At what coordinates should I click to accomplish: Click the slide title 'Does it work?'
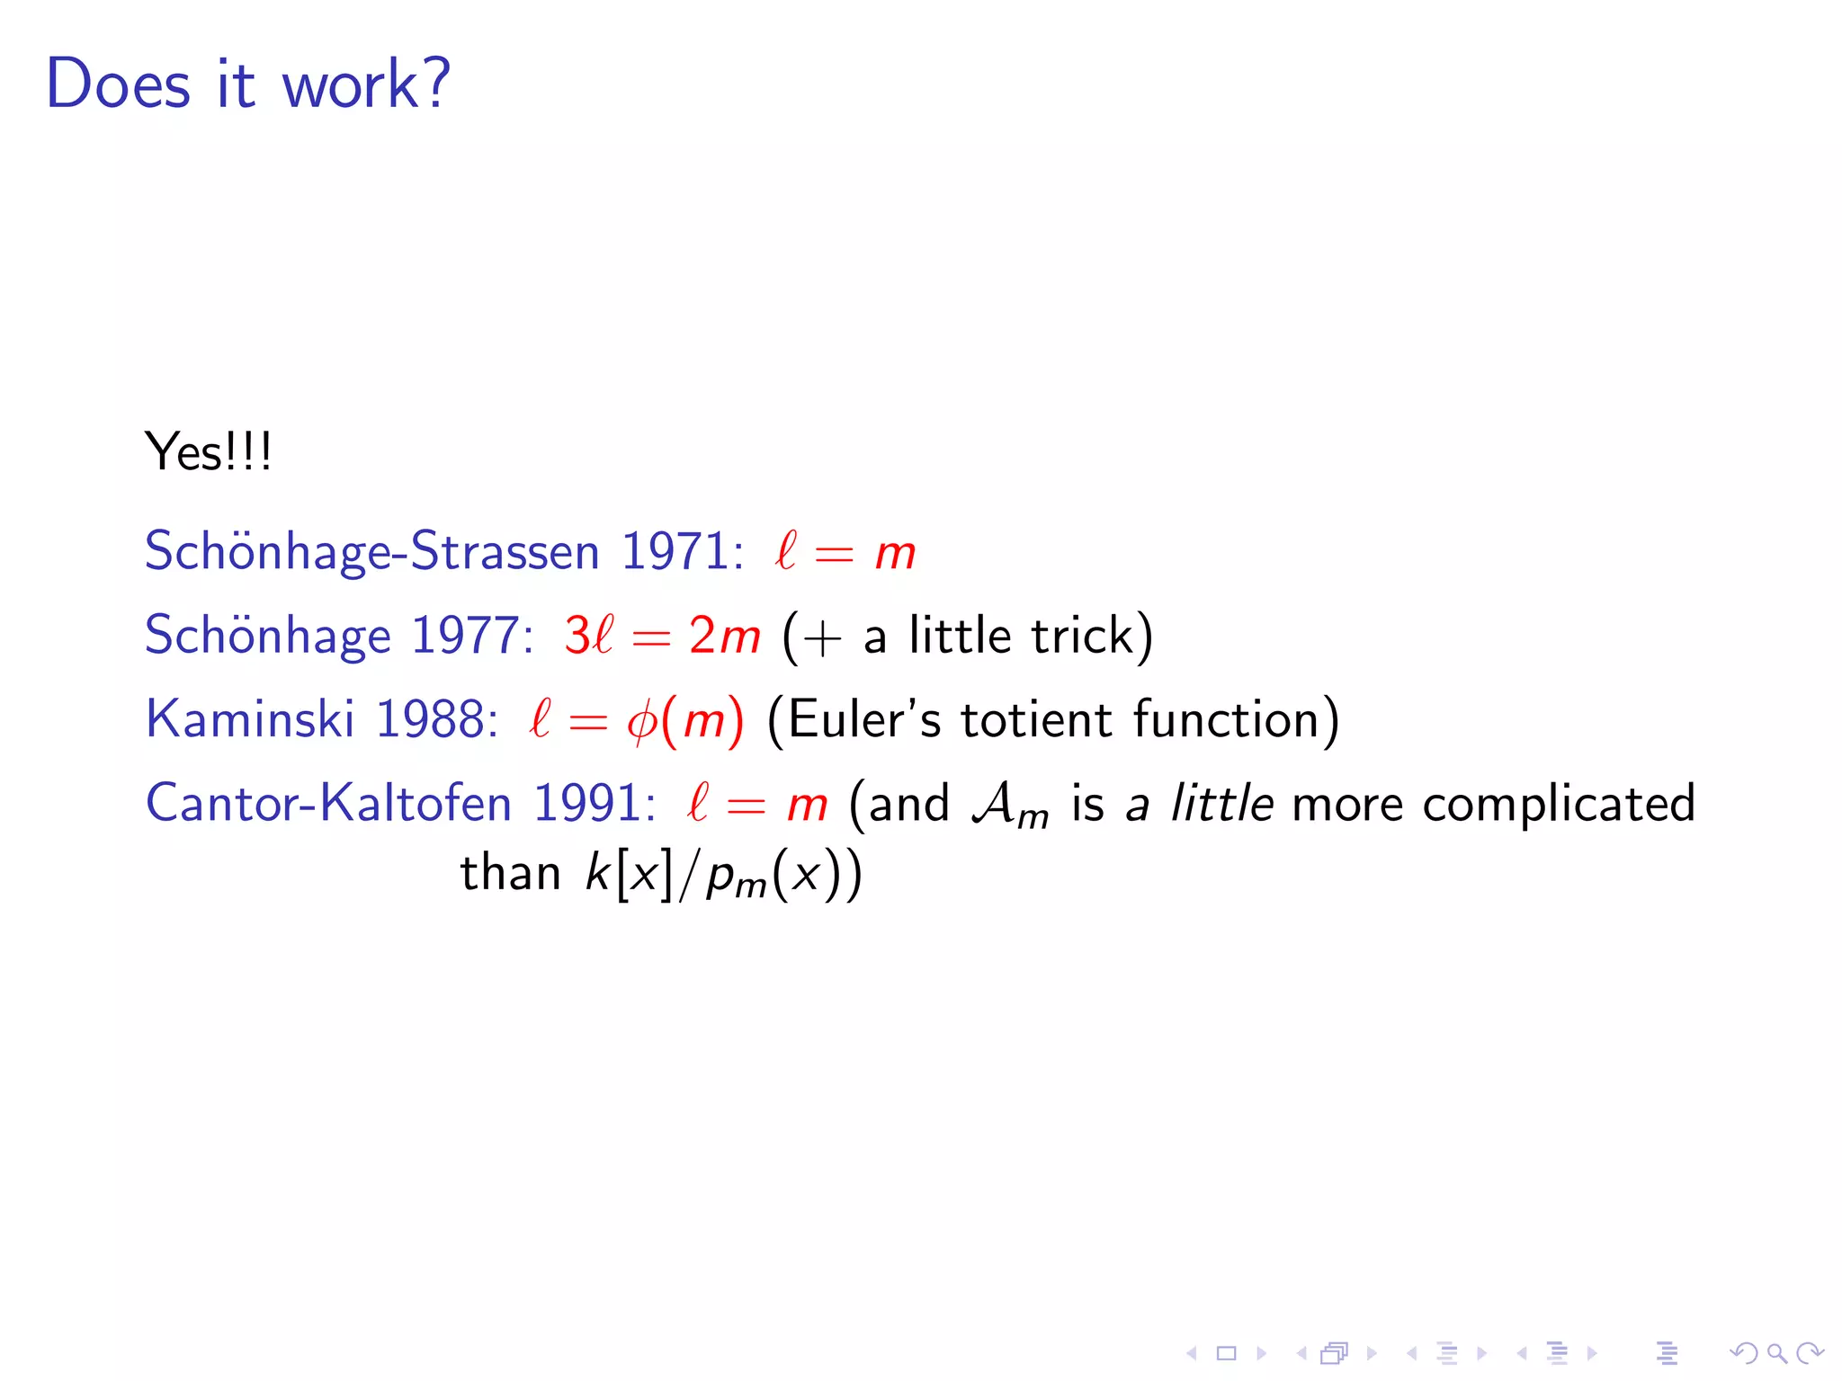[247, 84]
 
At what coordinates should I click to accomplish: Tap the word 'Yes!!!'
[208, 451]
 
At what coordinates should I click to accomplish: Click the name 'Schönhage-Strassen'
[371, 551]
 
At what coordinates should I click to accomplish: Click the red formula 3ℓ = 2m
[662, 636]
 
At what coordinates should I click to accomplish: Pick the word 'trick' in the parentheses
[1082, 636]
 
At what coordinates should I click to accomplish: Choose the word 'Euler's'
[863, 719]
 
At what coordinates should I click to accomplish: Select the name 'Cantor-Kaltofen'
[328, 803]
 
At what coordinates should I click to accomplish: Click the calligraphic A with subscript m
[1009, 805]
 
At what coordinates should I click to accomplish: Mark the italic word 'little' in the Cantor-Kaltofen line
[1221, 803]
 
